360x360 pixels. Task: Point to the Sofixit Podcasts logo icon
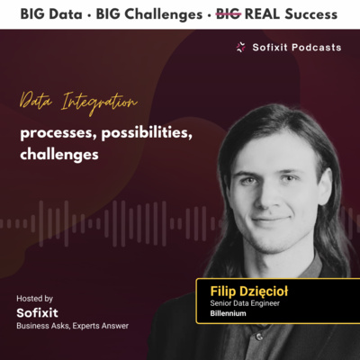(240, 46)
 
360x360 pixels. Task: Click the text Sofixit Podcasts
(296, 46)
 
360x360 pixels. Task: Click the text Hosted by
(34, 298)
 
